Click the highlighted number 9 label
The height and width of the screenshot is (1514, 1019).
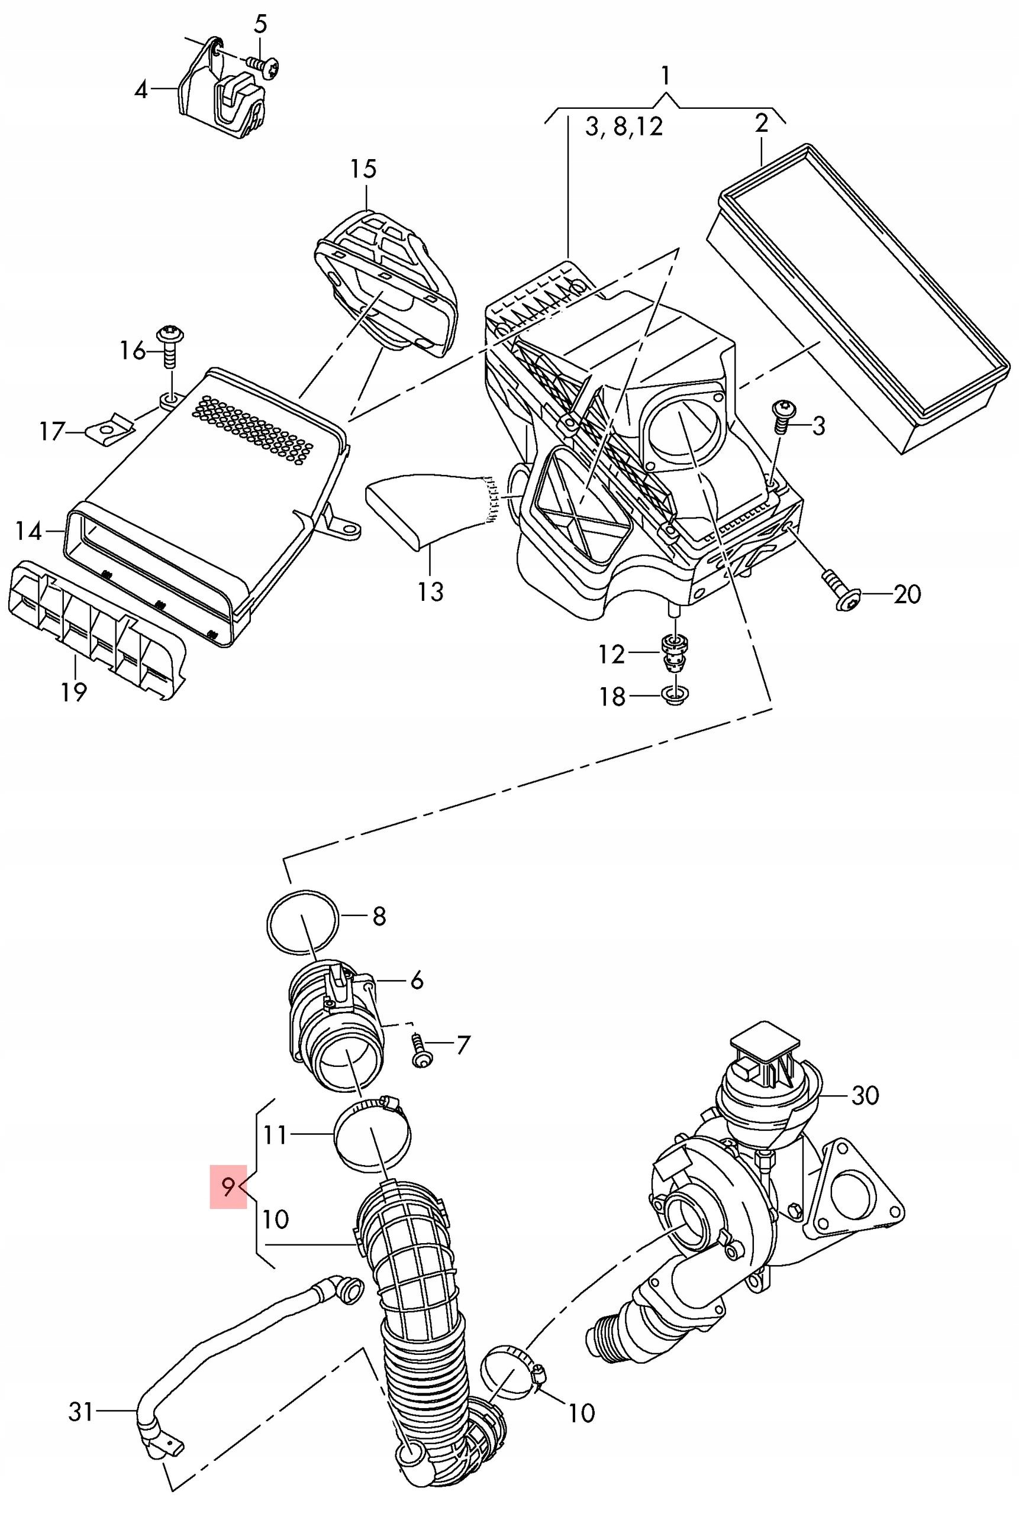(x=228, y=1186)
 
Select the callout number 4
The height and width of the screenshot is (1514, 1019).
(x=141, y=90)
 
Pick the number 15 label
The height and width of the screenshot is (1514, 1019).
(x=363, y=170)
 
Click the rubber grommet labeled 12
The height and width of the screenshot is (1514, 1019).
(x=674, y=653)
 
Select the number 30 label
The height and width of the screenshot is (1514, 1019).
(x=865, y=1095)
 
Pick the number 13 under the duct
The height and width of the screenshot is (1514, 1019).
(x=430, y=591)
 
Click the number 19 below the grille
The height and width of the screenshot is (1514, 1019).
(x=74, y=692)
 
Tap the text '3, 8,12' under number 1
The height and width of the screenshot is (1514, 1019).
(x=624, y=126)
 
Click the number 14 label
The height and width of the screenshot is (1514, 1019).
(x=28, y=531)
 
